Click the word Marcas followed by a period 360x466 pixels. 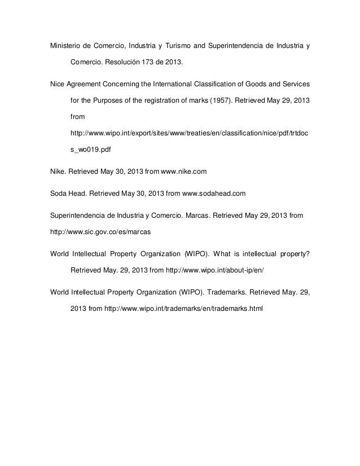click(x=200, y=216)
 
